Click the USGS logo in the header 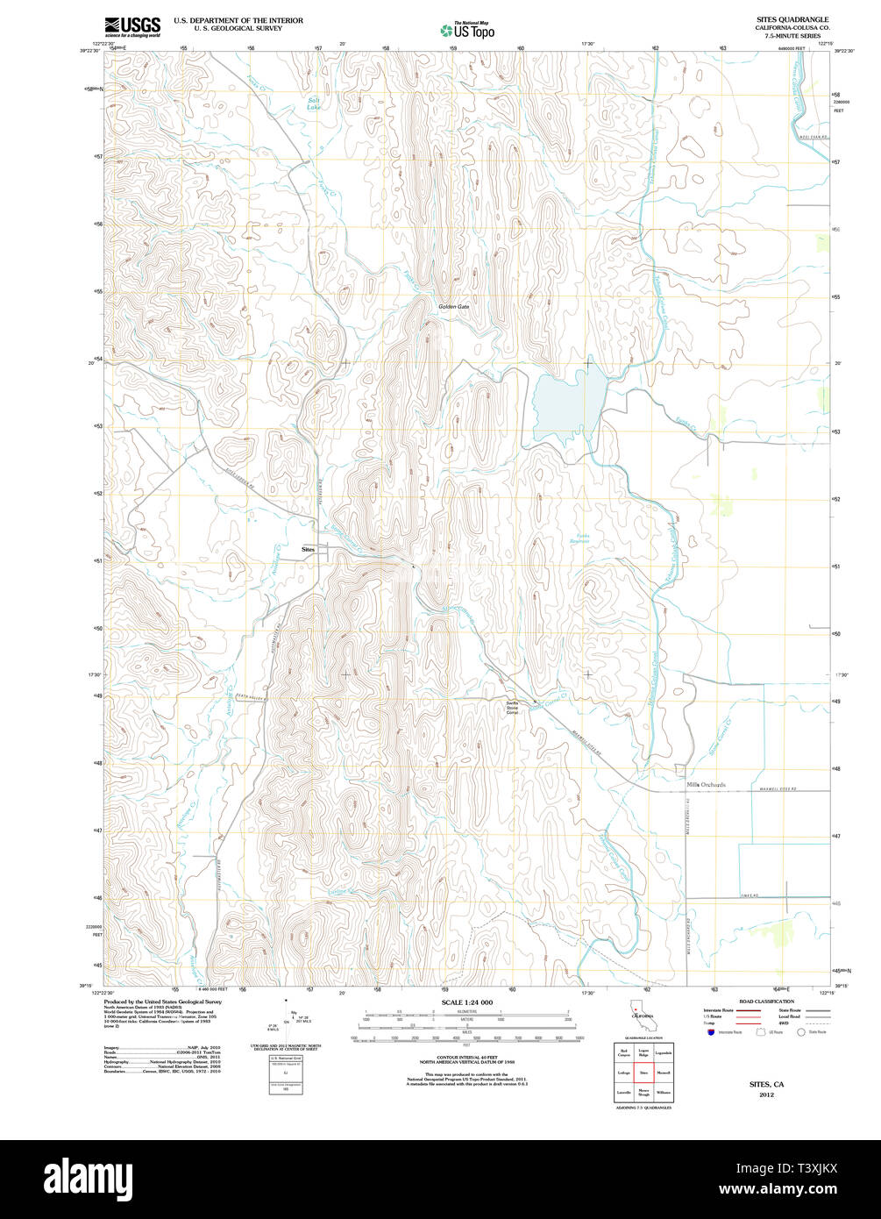click(x=131, y=26)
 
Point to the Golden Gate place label click(x=454, y=307)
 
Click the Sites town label click(x=307, y=549)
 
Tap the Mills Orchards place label click(x=707, y=785)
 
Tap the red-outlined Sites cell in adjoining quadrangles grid click(x=643, y=1073)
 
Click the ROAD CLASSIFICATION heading click(x=766, y=1002)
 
